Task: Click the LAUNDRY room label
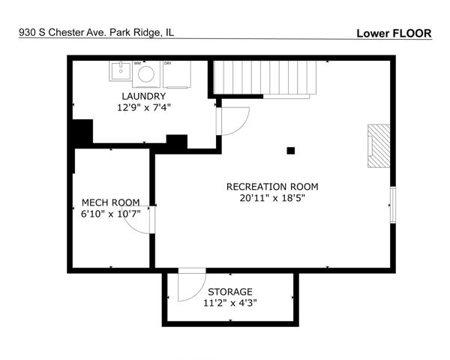(x=143, y=96)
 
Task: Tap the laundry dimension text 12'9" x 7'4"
(x=144, y=108)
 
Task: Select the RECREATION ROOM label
(x=272, y=187)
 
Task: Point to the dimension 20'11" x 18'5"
(x=272, y=198)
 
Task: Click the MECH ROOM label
(x=111, y=202)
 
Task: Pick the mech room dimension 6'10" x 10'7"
(x=111, y=214)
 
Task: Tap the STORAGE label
(x=230, y=292)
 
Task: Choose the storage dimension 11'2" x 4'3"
(x=230, y=303)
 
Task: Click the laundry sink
(x=121, y=71)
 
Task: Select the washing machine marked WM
(x=146, y=74)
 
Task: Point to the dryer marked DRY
(x=177, y=74)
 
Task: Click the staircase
(x=265, y=77)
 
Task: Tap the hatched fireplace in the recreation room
(x=379, y=145)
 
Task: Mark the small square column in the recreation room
(x=291, y=151)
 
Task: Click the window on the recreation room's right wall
(x=393, y=205)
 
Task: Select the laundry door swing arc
(x=242, y=126)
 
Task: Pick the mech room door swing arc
(x=130, y=226)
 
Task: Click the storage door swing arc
(x=199, y=293)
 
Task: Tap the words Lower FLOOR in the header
(x=394, y=34)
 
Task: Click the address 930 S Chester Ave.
(x=63, y=32)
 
